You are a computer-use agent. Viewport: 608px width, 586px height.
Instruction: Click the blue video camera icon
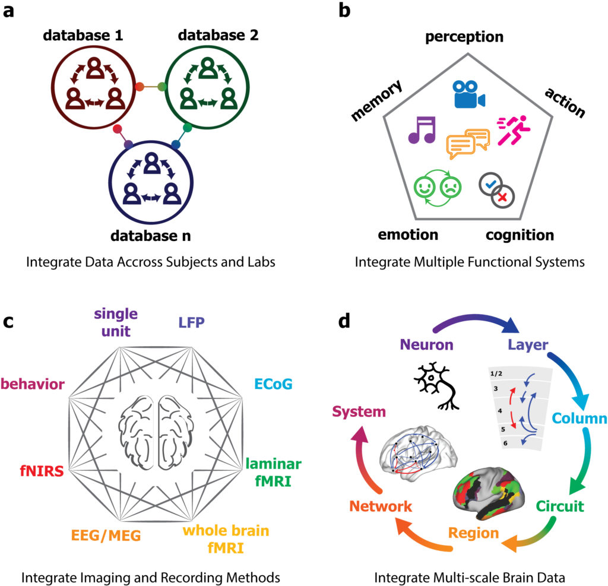(468, 94)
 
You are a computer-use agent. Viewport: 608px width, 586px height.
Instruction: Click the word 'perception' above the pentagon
(464, 37)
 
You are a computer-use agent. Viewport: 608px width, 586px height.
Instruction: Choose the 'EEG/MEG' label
(107, 536)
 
